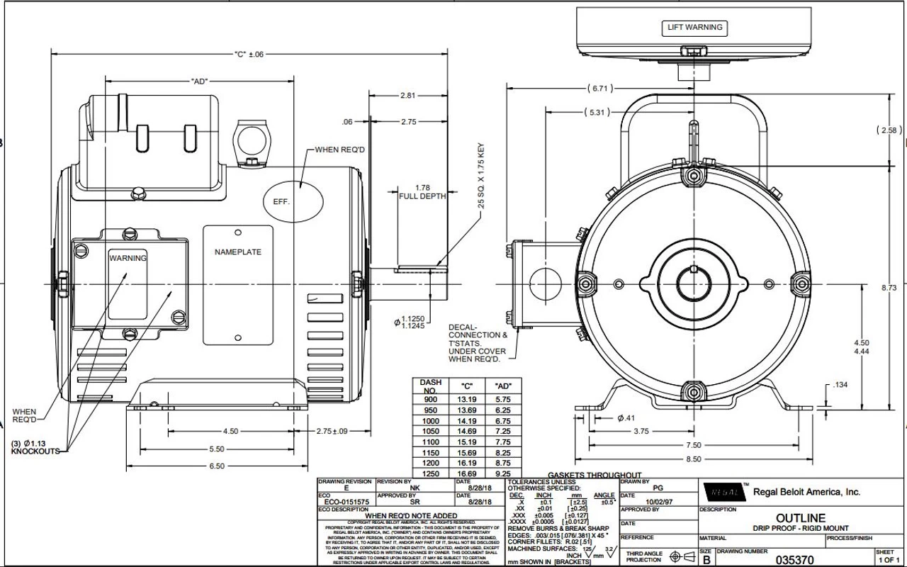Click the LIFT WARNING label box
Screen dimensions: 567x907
tap(694, 28)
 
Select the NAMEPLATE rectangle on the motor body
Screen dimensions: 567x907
tap(237, 252)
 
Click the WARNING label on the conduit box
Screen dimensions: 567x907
tap(128, 258)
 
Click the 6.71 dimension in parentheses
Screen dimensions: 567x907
tap(599, 89)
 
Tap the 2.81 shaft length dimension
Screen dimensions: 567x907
tap(408, 96)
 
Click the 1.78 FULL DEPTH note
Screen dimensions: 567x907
tap(422, 191)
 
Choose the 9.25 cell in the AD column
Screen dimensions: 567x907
tap(503, 473)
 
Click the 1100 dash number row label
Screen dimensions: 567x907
tap(430, 442)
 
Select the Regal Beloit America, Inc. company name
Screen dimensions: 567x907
tap(806, 492)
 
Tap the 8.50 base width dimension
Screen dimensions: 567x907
tap(694, 459)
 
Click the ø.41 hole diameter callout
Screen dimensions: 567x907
tap(625, 418)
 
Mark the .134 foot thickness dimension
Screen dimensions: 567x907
tap(840, 385)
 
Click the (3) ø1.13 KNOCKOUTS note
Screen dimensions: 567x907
tap(35, 448)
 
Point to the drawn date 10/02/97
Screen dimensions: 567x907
tap(654, 500)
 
